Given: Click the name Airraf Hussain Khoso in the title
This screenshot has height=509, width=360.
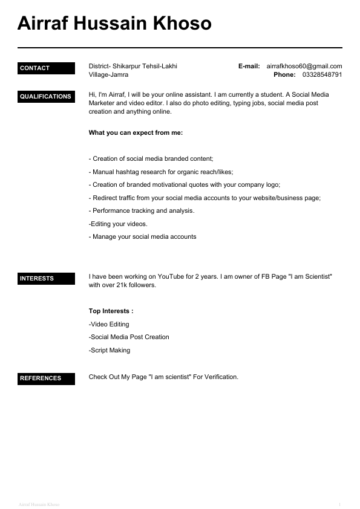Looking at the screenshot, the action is click(x=114, y=24).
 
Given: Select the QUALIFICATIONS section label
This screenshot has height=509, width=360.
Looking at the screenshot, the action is click(x=45, y=97).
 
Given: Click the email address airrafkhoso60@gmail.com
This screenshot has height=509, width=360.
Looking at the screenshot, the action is click(x=304, y=66).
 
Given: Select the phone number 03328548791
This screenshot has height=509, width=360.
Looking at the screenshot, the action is click(x=322, y=75).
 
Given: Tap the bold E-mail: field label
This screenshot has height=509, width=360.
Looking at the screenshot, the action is click(x=249, y=66).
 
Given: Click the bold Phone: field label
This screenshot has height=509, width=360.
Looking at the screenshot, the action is click(x=284, y=75).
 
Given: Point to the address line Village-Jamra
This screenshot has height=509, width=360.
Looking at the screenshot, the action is click(x=108, y=75).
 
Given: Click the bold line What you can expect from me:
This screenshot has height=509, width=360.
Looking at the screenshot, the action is click(x=136, y=132).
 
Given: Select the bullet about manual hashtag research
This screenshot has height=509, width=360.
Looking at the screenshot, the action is click(x=161, y=172).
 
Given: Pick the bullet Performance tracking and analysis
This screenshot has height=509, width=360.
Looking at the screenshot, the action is click(x=142, y=210).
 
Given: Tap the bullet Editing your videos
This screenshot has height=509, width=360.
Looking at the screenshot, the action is click(x=118, y=224).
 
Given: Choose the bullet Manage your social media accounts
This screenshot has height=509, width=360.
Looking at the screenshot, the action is click(x=143, y=236).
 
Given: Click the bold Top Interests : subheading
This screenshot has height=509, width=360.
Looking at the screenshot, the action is click(x=111, y=311).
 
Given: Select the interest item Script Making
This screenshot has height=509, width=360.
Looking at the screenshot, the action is click(x=110, y=350).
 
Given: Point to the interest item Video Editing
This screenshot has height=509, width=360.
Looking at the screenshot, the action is click(x=109, y=324).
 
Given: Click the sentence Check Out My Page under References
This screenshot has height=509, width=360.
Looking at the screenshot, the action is click(x=163, y=377).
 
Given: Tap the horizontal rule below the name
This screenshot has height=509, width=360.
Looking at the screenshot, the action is click(x=180, y=47).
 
